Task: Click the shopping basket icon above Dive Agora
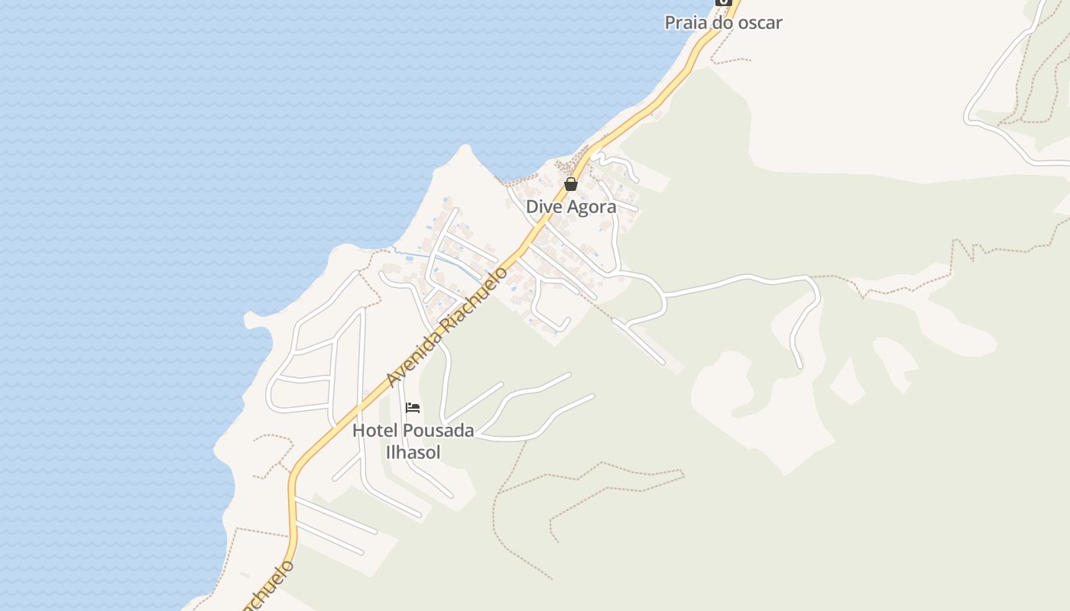(x=571, y=184)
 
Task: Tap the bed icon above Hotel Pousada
(x=413, y=408)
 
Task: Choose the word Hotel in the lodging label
(x=374, y=431)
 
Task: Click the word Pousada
(x=438, y=431)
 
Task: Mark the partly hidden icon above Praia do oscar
(x=723, y=2)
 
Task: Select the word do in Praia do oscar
(x=718, y=23)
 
